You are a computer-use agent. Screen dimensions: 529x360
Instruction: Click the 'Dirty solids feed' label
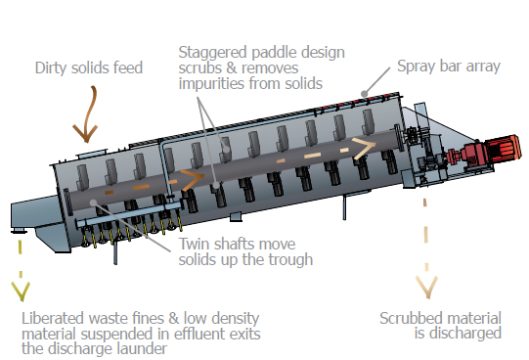tap(89, 67)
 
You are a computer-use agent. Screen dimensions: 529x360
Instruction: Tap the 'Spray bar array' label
tap(449, 67)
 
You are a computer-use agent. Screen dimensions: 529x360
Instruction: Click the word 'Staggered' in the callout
tap(213, 53)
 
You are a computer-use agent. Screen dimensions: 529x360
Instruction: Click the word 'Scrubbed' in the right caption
tap(411, 318)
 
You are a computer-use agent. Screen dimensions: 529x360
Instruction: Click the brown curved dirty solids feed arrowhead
tap(85, 134)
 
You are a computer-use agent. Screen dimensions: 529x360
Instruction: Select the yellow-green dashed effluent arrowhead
tap(21, 292)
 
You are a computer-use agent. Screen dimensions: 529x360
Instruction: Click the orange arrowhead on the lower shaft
tap(193, 179)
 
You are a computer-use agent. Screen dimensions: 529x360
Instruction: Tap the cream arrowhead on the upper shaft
tap(365, 148)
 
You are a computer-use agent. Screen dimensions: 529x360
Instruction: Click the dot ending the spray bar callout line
tap(364, 94)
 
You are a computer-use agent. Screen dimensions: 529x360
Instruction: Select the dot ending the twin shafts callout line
tap(94, 202)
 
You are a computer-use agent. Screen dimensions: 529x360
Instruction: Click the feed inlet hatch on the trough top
tap(92, 154)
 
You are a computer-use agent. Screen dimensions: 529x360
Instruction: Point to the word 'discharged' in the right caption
tap(458, 334)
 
